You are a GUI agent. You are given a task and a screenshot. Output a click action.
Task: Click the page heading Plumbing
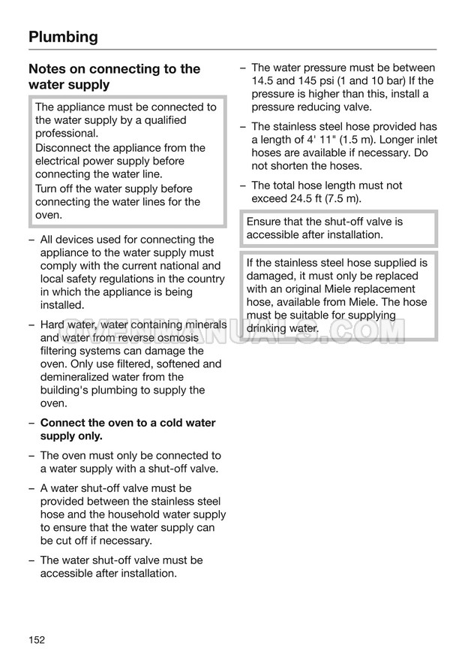(63, 36)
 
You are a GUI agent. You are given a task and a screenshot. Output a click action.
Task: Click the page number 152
(37, 639)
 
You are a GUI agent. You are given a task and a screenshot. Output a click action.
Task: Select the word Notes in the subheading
(48, 69)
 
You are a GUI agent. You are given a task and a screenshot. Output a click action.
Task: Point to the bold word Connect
(63, 423)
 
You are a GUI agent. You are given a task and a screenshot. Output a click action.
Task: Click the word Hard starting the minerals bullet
(52, 324)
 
